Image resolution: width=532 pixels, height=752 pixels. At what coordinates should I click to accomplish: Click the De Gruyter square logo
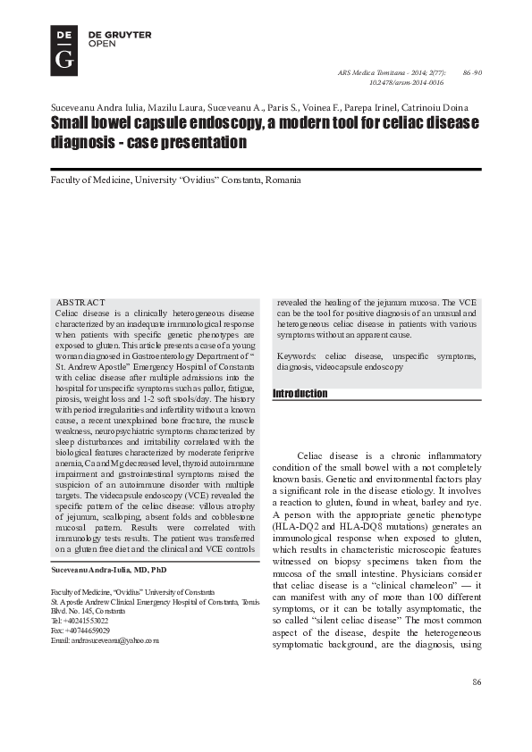[x=63, y=50]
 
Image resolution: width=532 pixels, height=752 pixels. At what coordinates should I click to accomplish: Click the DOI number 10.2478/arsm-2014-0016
[x=406, y=81]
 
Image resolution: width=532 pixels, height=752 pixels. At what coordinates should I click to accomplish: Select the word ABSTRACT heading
[x=80, y=303]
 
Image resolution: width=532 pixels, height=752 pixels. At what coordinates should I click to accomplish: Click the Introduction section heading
[x=300, y=394]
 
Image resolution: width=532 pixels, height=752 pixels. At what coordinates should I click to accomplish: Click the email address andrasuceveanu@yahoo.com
[x=105, y=640]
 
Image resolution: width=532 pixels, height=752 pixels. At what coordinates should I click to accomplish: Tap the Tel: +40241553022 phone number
[x=80, y=620]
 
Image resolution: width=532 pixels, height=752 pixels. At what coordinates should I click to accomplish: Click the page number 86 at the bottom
[x=477, y=707]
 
